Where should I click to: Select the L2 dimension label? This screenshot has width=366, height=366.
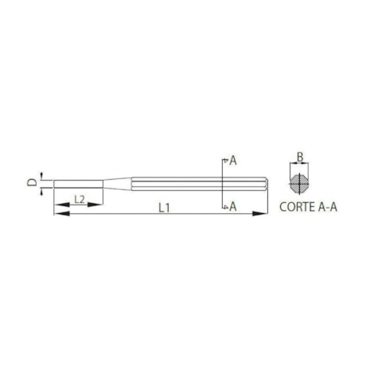pos(79,197)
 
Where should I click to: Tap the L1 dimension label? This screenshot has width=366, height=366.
pos(162,208)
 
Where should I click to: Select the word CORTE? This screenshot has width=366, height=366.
pos(298,208)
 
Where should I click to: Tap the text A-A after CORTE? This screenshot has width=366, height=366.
pos(329,208)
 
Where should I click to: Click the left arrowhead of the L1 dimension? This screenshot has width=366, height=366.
pos(58,212)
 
